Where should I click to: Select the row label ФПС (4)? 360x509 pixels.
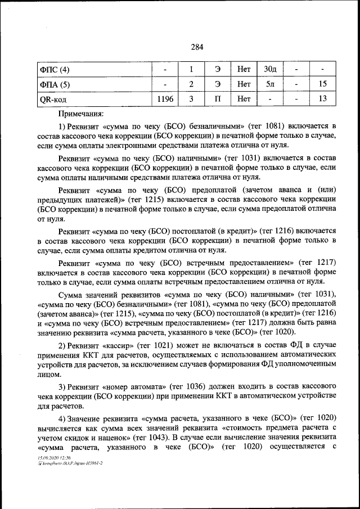coord(55,70)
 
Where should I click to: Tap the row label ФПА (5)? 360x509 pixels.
coord(55,84)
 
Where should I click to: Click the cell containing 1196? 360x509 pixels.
coord(165,100)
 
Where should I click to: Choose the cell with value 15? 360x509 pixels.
coord(322,84)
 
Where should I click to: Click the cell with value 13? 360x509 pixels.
coord(322,100)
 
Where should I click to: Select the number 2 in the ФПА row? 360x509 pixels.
coord(191,84)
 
